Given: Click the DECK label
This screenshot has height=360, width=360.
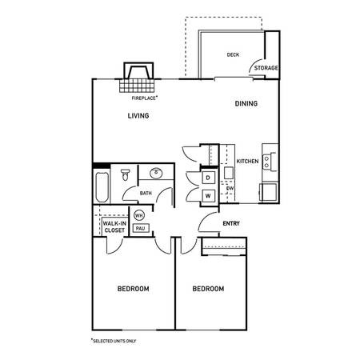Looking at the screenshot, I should point(233,55).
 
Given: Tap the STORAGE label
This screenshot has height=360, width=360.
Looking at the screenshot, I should point(266,68).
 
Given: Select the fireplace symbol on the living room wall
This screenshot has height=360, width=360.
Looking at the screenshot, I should point(136,79).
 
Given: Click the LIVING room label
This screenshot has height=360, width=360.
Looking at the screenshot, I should point(139,116).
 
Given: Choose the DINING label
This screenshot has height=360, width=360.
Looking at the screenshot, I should point(246,104).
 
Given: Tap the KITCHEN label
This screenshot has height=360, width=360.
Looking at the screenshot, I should point(247,162).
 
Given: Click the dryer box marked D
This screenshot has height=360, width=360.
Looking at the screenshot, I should point(207,177).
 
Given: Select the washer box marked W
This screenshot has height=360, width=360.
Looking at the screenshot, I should point(207,195).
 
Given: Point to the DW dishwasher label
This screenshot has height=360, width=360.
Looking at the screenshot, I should point(229,190).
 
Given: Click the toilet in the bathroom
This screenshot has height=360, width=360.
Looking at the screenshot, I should point(126,177).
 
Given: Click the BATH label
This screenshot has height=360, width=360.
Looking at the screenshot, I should point(146,194).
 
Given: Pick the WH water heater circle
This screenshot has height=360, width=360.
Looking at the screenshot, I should point(138,215).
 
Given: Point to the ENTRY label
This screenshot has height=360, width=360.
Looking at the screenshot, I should point(231,223).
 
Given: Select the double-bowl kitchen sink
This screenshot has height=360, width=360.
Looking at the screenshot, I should point(270,162).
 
